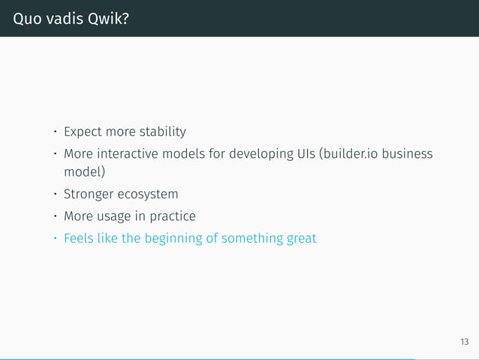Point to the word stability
pyautogui.click(x=161, y=132)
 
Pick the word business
pyautogui.click(x=410, y=154)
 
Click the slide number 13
pyautogui.click(x=464, y=342)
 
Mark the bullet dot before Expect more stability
pyautogui.click(x=54, y=133)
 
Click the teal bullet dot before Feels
pyautogui.click(x=54, y=239)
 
